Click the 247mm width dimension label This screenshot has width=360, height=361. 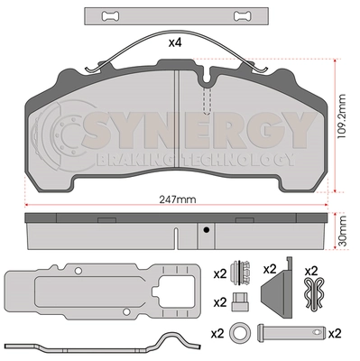(177, 199)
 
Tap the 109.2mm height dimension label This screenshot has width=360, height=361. (341, 116)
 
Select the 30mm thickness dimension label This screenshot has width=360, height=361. (341, 231)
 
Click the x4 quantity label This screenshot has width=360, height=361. (175, 42)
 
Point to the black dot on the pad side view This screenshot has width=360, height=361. (206, 230)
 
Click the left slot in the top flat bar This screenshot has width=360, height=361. (110, 16)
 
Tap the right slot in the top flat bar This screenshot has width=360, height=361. (243, 16)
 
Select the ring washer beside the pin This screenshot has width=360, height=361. (240, 332)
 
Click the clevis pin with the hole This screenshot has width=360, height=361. (291, 332)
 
